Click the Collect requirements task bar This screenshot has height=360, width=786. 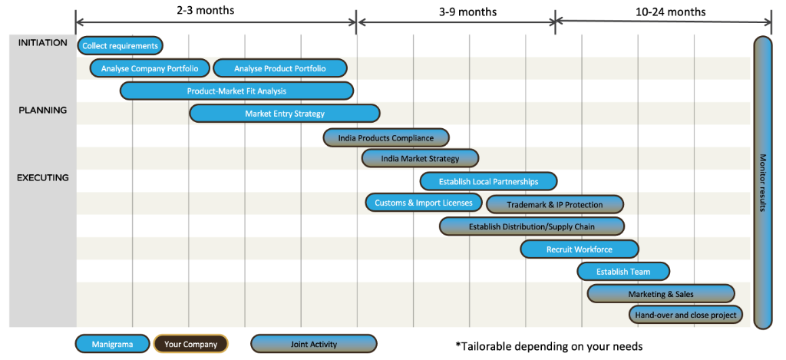pyautogui.click(x=120, y=46)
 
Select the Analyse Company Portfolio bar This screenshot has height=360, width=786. pyautogui.click(x=150, y=68)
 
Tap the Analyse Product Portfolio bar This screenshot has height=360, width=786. pyautogui.click(x=279, y=68)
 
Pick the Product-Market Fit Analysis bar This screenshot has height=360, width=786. pyautogui.click(x=236, y=91)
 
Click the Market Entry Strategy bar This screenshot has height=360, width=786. pyautogui.click(x=284, y=114)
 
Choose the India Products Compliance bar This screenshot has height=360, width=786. pyautogui.click(x=385, y=138)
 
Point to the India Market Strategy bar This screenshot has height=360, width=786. pyautogui.click(x=420, y=159)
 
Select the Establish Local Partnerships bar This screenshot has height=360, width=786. pyautogui.click(x=488, y=182)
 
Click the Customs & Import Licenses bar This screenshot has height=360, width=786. pyautogui.click(x=424, y=203)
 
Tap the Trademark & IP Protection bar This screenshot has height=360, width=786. pyautogui.click(x=554, y=204)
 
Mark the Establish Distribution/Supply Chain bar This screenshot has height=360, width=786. pyautogui.click(x=531, y=226)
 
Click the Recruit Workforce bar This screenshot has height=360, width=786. pyautogui.click(x=579, y=249)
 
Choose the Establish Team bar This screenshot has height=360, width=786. pyautogui.click(x=623, y=272)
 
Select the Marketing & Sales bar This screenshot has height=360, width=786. pyautogui.click(x=660, y=294)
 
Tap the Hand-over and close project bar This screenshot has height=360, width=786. pyautogui.click(x=685, y=315)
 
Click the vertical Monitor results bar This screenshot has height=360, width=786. pyautogui.click(x=762, y=183)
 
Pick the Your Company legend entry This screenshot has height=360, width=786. pyautogui.click(x=190, y=344)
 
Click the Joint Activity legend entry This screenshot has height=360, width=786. pyautogui.click(x=313, y=344)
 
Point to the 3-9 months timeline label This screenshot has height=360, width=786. pyautogui.click(x=467, y=12)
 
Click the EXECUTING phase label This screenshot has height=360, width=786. pyautogui.click(x=44, y=178)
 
